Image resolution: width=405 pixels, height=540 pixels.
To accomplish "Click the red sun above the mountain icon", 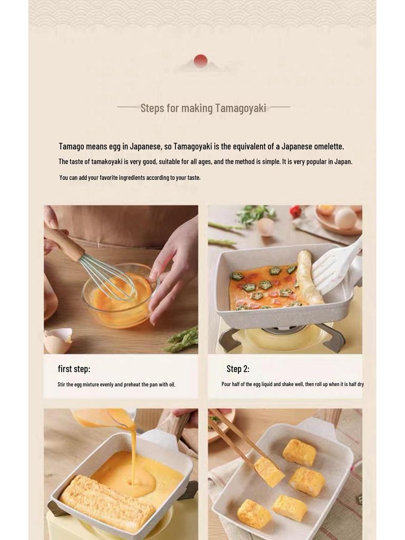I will point(200,61).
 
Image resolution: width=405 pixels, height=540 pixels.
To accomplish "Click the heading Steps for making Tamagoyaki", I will point(203,108).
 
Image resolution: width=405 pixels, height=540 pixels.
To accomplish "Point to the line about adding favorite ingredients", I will point(130,178).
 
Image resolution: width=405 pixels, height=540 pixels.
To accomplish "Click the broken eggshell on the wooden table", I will point(57,340).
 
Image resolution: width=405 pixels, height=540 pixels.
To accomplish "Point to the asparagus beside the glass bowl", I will point(182,339).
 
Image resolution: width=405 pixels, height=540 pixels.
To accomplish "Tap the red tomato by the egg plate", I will point(295,211).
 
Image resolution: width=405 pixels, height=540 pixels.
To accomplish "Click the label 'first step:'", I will point(74,369).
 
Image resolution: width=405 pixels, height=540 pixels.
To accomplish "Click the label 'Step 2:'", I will point(238,369).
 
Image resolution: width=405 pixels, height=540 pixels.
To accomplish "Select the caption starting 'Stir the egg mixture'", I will point(116,384).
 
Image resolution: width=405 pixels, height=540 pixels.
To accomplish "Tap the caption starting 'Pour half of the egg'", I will point(292,384).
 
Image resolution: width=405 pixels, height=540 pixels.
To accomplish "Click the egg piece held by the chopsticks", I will point(268,470).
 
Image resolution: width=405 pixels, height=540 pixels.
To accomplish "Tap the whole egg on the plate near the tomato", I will point(345,218).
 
